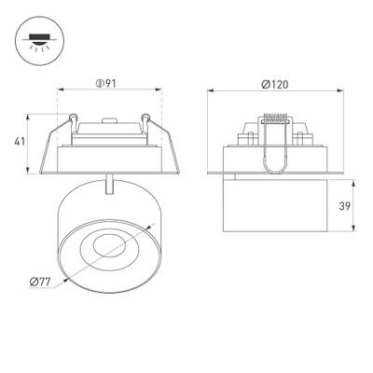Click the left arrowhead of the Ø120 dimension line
click(209, 91)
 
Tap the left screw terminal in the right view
click(250, 136)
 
